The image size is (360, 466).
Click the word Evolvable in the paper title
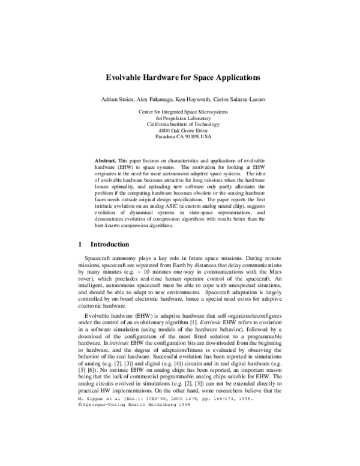125,77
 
